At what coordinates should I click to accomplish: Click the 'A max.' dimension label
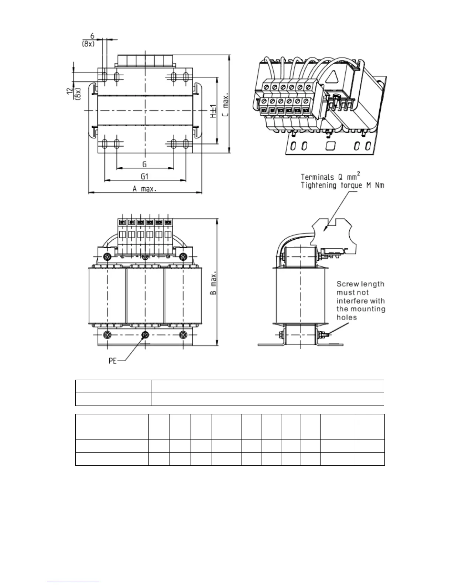(x=144, y=189)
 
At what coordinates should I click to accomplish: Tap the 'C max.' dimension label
(x=226, y=105)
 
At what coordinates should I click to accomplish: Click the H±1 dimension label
(x=213, y=111)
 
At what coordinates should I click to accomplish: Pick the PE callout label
(x=113, y=361)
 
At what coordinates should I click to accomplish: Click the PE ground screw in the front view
(x=145, y=335)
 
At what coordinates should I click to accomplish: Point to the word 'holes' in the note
(x=346, y=317)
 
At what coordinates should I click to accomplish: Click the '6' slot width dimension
(x=93, y=36)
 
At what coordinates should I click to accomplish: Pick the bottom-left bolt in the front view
(x=107, y=335)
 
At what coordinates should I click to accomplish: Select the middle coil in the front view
(x=145, y=295)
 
